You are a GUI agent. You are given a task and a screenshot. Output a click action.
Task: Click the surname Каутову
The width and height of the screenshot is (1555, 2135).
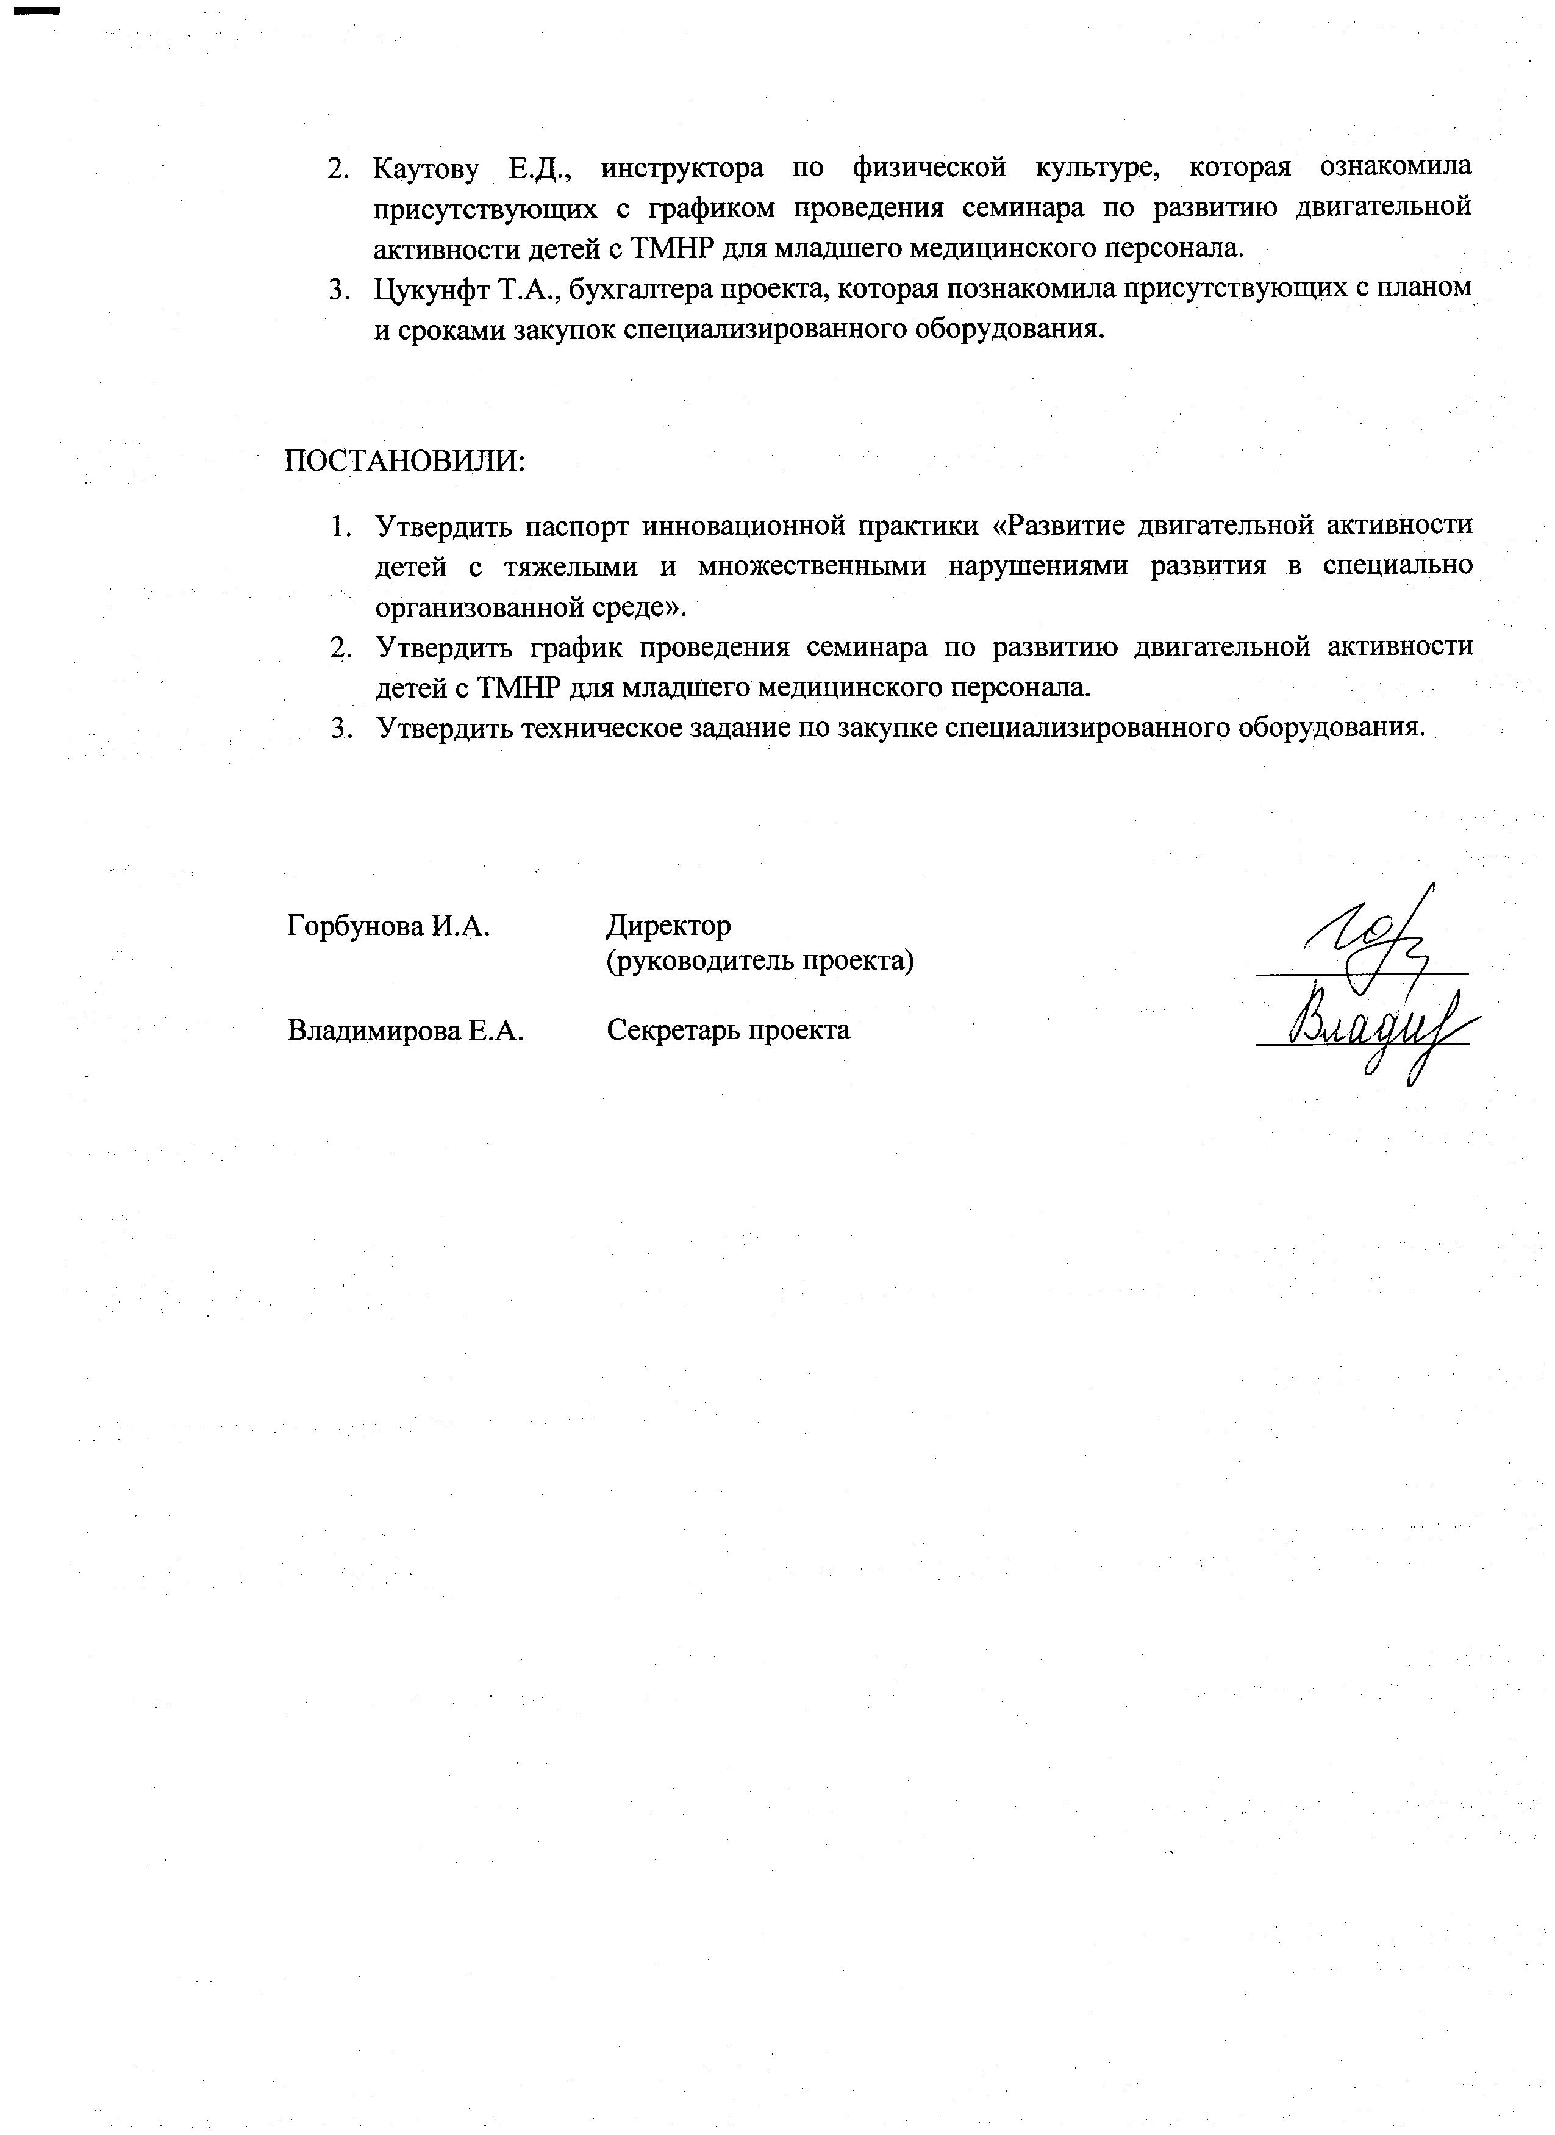(x=426, y=170)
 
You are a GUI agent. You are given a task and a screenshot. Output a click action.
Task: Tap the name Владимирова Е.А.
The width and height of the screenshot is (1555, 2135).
(x=405, y=1031)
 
